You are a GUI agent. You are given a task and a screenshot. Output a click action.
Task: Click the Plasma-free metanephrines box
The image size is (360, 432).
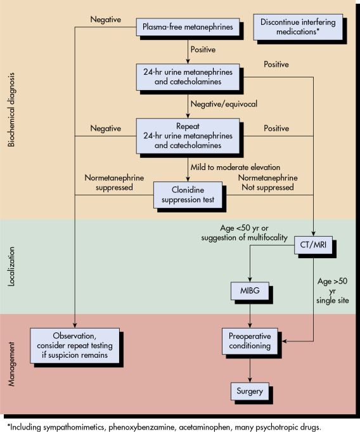pyautogui.click(x=188, y=27)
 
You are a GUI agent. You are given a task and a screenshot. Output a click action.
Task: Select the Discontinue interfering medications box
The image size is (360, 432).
pyautogui.click(x=298, y=27)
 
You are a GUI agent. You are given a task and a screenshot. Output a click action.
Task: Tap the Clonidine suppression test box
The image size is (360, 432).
pyautogui.click(x=188, y=195)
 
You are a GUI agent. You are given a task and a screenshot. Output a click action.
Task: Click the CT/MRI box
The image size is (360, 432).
pyautogui.click(x=313, y=245)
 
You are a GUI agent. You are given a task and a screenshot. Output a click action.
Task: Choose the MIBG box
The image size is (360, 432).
pyautogui.click(x=250, y=291)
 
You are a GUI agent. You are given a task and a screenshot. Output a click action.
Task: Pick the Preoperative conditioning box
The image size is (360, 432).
pyautogui.click(x=250, y=341)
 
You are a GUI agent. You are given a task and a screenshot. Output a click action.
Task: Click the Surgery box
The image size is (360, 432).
pyautogui.click(x=250, y=391)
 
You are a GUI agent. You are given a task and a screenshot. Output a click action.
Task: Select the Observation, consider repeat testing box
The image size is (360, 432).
pyautogui.click(x=75, y=346)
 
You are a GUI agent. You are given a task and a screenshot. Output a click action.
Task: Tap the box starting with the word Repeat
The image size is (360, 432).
pyautogui.click(x=188, y=136)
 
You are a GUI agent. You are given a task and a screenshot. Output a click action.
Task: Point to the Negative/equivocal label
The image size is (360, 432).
pyautogui.click(x=224, y=104)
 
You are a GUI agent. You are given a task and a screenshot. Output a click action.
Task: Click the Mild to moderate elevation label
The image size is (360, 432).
pyautogui.click(x=235, y=167)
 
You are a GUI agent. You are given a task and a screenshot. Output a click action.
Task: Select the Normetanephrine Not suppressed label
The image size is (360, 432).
pyautogui.click(x=268, y=183)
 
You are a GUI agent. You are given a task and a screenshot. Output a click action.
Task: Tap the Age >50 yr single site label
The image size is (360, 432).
pyautogui.click(x=333, y=291)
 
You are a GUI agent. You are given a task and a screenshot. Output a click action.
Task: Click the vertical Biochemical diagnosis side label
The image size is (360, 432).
pyautogui.click(x=11, y=110)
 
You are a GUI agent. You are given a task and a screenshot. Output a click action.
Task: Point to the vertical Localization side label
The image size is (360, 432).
pyautogui.click(x=11, y=266)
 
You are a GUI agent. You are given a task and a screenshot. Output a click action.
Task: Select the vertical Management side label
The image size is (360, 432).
pyautogui.click(x=11, y=363)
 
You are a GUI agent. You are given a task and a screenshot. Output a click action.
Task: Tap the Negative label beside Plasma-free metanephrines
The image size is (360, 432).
pyautogui.click(x=106, y=20)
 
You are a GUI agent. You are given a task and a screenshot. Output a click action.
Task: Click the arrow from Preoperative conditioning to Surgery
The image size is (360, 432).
pyautogui.click(x=250, y=369)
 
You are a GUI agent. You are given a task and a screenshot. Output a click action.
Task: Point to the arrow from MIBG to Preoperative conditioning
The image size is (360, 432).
pyautogui.click(x=250, y=314)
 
